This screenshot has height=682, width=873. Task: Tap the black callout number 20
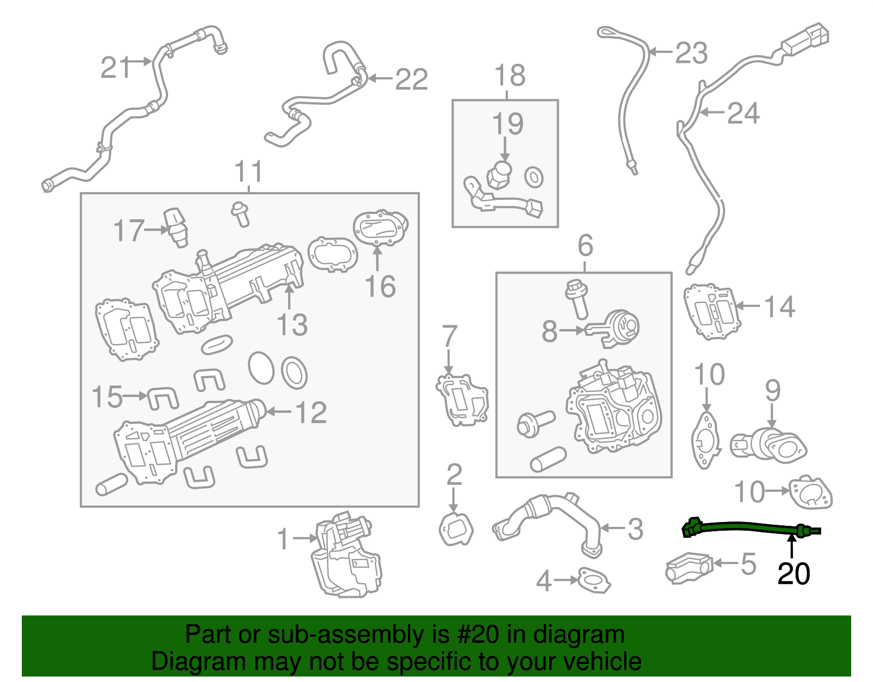[793, 573]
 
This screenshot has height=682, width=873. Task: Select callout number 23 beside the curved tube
[691, 54]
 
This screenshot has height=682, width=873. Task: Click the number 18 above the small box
[510, 75]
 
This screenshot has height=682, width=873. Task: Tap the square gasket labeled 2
[456, 529]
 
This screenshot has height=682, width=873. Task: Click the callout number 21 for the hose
[115, 68]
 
